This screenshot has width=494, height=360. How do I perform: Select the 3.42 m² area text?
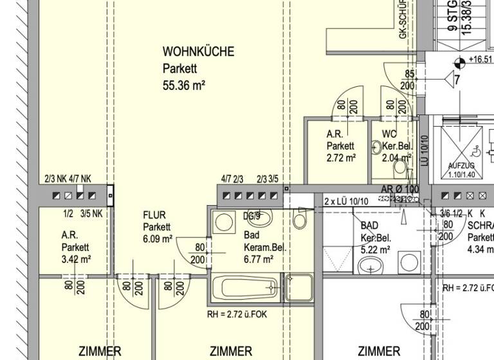click(76, 259)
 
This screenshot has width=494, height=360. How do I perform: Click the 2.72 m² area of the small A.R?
click(341, 157)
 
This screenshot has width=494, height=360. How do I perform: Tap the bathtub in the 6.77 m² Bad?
click(246, 288)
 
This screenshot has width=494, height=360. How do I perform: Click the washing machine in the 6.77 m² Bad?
click(224, 222)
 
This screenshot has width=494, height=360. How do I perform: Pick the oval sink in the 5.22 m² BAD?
click(370, 265)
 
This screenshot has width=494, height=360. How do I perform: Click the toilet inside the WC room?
click(400, 167)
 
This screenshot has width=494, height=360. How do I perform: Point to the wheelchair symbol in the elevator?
click(475, 152)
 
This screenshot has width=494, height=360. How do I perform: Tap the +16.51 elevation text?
click(480, 60)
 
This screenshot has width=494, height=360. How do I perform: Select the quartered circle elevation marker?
click(459, 63)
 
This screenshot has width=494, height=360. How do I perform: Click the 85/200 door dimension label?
click(409, 80)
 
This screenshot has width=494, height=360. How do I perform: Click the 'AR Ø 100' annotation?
click(400, 190)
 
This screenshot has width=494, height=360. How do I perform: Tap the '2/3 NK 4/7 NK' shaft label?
click(68, 179)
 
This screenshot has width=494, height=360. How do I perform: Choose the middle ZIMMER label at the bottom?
click(231, 351)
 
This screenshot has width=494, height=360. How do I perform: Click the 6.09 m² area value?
click(158, 239)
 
